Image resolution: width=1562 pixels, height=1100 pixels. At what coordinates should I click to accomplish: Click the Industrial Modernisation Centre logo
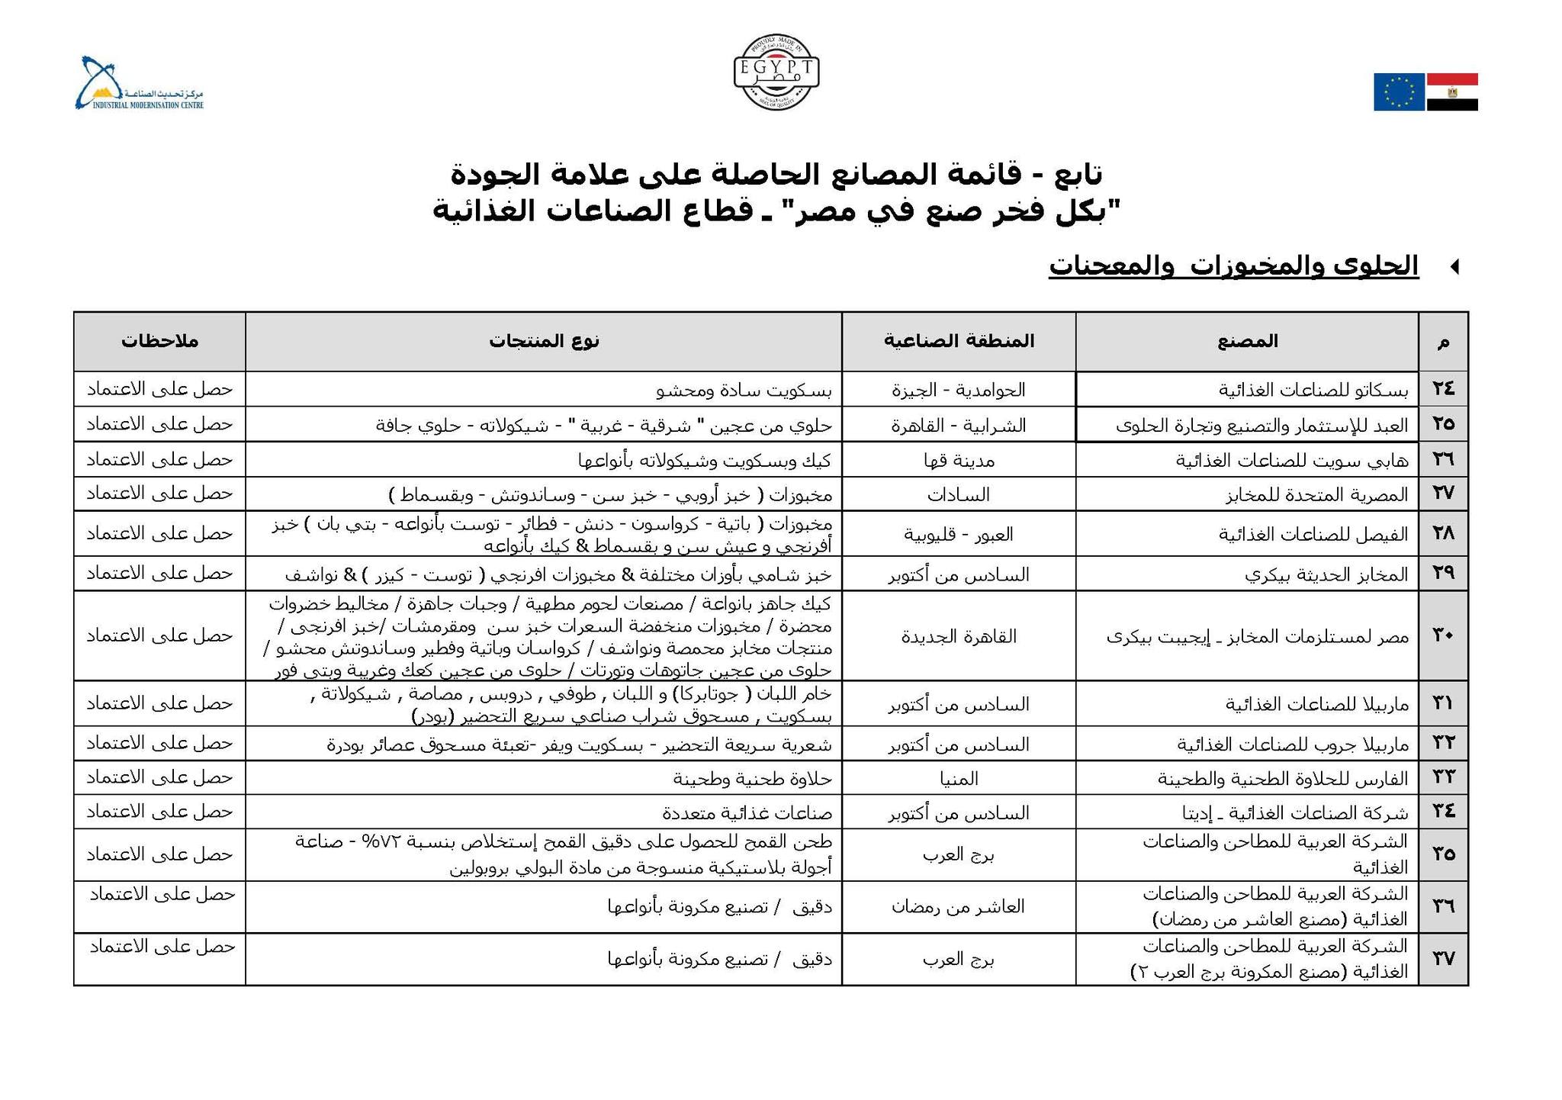(139, 84)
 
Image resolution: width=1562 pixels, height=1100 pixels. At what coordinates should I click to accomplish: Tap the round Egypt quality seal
(776, 72)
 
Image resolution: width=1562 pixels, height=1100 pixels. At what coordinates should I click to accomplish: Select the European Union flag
(1399, 92)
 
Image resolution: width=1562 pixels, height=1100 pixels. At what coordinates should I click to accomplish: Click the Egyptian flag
(1452, 92)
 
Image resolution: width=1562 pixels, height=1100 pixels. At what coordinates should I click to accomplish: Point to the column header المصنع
(1247, 341)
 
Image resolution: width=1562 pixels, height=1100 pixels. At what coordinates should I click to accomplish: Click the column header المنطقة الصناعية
(959, 341)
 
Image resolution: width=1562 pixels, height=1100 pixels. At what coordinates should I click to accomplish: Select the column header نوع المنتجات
(544, 341)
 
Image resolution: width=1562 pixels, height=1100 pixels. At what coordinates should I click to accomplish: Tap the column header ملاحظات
(159, 341)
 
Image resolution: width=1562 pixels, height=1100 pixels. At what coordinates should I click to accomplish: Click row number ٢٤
(1443, 389)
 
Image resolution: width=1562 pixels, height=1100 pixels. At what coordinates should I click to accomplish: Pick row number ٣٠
(1443, 635)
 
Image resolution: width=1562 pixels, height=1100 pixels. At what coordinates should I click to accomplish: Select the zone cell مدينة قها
(959, 460)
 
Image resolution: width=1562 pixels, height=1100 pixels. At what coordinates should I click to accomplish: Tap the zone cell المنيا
(959, 778)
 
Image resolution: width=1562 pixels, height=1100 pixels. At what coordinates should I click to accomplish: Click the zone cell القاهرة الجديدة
(959, 636)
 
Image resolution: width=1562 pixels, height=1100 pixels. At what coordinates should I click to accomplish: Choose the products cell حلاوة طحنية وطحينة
(752, 778)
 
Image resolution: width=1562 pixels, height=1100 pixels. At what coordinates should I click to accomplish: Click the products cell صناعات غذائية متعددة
(746, 812)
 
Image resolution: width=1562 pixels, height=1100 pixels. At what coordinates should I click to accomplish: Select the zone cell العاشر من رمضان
(959, 907)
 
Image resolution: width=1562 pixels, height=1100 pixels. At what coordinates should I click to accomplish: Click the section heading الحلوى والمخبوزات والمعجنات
(1233, 265)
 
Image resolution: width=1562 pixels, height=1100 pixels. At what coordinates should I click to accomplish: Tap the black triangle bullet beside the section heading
(1454, 267)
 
